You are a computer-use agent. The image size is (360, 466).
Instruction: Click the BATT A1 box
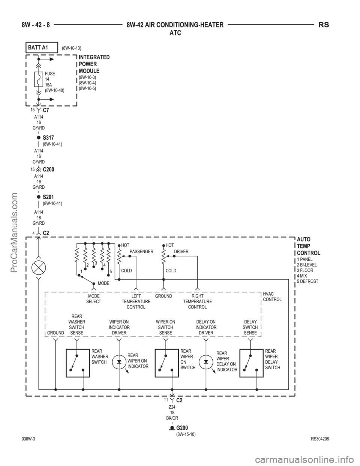[x=42, y=47]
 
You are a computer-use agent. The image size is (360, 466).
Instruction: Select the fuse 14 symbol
[x=39, y=79]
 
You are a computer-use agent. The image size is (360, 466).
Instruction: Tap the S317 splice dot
[x=39, y=137]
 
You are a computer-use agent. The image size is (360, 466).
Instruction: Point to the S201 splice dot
[x=39, y=197]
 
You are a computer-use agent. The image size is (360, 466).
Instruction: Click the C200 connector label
[x=49, y=170]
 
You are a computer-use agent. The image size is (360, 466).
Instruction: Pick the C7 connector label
[x=46, y=110]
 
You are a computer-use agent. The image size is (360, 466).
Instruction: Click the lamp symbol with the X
[x=39, y=268]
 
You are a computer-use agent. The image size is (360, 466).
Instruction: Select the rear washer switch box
[x=78, y=363]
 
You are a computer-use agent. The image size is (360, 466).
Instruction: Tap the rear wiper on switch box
[x=167, y=363]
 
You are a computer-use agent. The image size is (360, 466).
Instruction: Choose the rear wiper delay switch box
[x=251, y=363]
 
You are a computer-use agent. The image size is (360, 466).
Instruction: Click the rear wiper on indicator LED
[x=119, y=362]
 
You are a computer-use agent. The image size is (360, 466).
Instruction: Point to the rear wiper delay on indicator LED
[x=206, y=362]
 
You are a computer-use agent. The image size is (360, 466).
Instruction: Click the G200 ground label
[x=182, y=428]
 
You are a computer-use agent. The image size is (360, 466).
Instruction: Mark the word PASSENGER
[x=141, y=251]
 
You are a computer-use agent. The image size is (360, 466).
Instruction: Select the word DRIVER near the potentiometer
[x=181, y=251]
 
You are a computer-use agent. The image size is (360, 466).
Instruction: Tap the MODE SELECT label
[x=94, y=299]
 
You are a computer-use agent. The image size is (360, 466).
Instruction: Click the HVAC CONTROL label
[x=272, y=296]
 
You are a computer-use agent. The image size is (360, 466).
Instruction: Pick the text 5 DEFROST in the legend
[x=307, y=281]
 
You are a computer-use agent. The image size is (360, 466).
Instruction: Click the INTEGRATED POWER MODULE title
[x=94, y=64]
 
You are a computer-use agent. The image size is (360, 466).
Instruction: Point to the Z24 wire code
[x=172, y=407]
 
